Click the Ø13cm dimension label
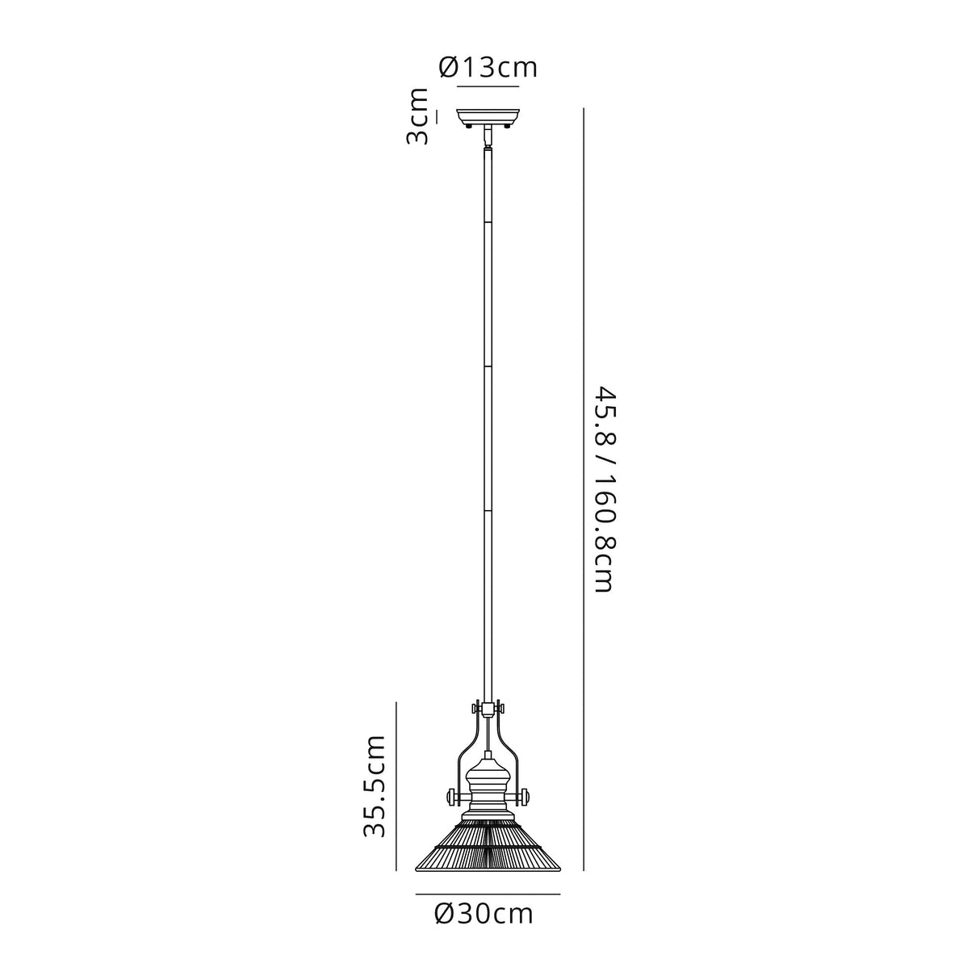(488, 67)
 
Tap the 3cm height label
(417, 116)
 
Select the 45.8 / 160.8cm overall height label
(605, 489)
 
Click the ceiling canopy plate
(488, 115)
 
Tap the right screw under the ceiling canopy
(507, 125)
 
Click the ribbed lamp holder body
(488, 787)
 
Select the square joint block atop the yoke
(488, 710)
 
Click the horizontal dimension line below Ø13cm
(488, 86)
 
